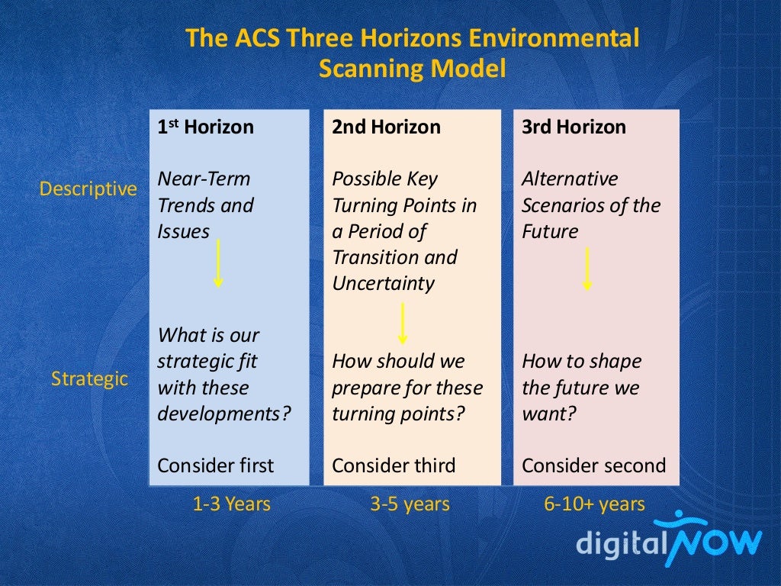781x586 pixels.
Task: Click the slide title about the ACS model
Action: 412,53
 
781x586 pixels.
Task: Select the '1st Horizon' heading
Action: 205,127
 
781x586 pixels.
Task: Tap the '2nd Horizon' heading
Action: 386,127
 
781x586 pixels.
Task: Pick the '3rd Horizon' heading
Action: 574,127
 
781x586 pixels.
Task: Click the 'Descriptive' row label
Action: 88,188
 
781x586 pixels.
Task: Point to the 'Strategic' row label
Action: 89,378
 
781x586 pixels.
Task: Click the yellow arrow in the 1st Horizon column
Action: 218,262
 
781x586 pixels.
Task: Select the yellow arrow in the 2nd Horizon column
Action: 403,323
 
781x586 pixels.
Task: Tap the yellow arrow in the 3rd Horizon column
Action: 587,269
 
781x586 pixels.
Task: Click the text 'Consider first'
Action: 215,465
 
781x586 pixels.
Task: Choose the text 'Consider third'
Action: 394,465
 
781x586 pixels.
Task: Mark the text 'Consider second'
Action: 593,465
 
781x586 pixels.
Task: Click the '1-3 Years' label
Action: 231,504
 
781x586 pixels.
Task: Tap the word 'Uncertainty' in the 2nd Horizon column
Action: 383,284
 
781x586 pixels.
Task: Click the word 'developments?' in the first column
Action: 224,414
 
